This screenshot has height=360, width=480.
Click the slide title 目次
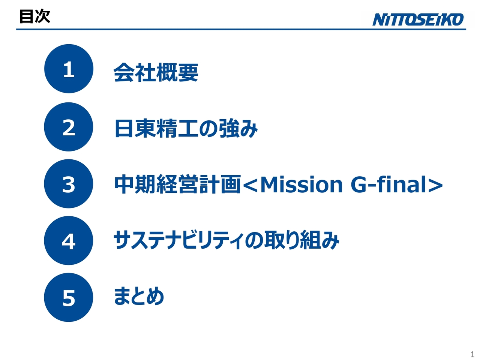(34, 16)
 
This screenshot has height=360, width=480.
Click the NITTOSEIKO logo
(418, 19)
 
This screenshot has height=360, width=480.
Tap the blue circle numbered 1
(69, 69)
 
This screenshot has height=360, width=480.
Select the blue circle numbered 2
(69, 127)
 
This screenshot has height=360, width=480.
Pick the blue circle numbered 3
(69, 184)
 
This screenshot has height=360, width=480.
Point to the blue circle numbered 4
(69, 241)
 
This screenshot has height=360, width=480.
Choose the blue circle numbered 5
(69, 297)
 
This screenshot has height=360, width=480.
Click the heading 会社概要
(156, 72)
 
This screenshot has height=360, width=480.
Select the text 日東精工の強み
(186, 129)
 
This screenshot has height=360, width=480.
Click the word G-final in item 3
(388, 184)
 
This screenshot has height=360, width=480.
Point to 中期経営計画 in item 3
(177, 184)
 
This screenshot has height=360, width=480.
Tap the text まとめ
(139, 296)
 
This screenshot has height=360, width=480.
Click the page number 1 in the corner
(472, 354)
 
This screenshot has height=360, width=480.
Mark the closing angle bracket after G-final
(435, 185)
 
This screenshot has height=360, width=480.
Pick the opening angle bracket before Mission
(251, 185)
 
